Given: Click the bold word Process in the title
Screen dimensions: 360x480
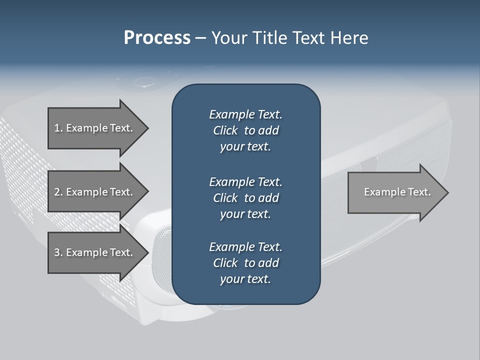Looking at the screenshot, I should coord(157,38).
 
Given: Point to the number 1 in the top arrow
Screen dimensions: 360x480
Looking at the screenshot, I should coord(57,128).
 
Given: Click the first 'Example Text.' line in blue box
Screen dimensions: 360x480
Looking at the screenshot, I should coord(245,114).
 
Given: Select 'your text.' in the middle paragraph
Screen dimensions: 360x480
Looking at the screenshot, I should coord(245,214).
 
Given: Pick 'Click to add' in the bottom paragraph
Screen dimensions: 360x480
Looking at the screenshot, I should coord(245,263).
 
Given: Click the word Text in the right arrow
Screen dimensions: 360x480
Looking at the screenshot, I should coord(419,192).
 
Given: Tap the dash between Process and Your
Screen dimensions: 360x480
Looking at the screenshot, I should coord(200,38).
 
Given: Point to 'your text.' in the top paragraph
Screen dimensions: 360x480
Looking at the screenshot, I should coord(245,147).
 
